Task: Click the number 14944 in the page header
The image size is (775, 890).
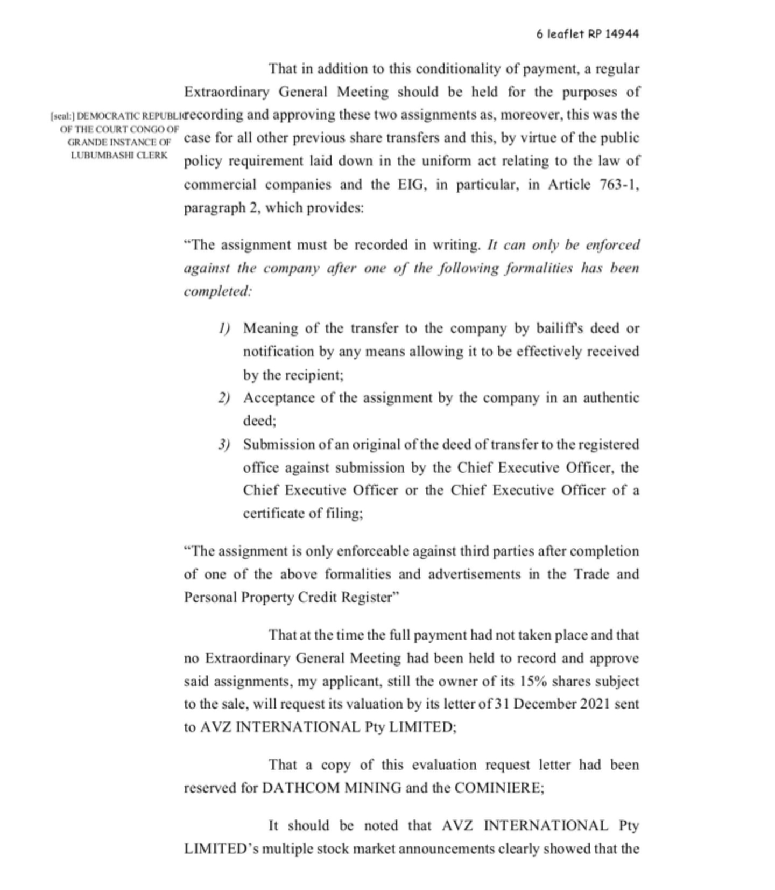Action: coord(622,34)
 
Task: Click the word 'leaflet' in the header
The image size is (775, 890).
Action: coord(566,34)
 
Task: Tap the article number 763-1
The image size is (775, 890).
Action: coord(619,185)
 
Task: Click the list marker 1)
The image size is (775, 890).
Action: coord(224,328)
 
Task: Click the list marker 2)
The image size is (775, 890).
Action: coord(224,398)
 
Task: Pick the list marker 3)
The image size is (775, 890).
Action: coord(224,445)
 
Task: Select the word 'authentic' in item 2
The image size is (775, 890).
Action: coord(611,398)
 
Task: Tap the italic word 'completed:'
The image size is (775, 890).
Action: coord(218,291)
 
